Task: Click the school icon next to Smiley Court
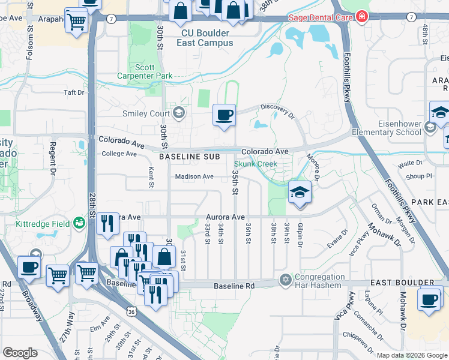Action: click(178, 113)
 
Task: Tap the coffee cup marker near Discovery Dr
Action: click(224, 115)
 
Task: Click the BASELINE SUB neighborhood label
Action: click(184, 156)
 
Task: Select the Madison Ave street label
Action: click(194, 176)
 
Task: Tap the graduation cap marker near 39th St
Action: click(300, 193)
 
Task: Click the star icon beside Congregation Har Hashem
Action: click(285, 280)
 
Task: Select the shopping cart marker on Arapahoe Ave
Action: click(76, 21)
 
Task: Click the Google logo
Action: click(20, 353)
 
